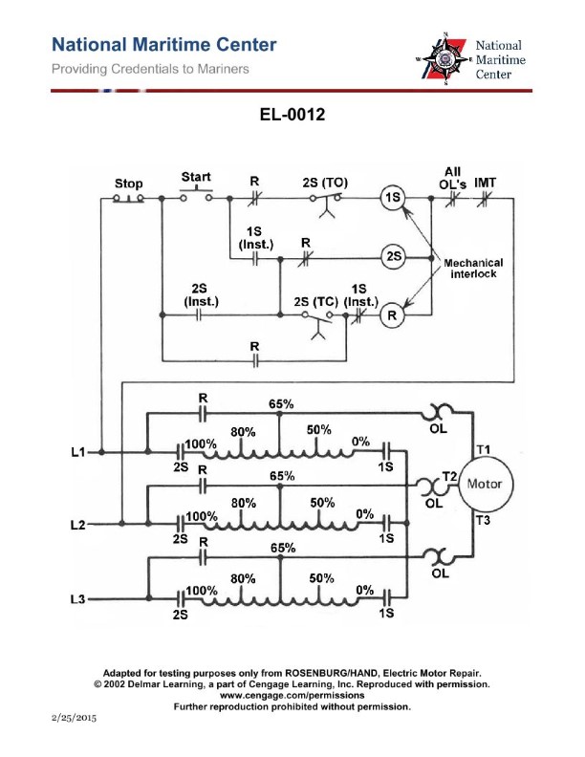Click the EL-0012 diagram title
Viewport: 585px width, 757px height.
292,116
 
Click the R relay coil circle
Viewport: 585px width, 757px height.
390,314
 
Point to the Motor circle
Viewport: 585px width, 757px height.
484,484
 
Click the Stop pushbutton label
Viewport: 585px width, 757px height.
128,184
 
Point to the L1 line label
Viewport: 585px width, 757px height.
79,451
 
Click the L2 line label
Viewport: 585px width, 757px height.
79,525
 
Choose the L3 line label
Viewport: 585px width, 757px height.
79,599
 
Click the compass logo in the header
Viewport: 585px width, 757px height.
444,59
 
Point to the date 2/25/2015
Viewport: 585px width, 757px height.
72,715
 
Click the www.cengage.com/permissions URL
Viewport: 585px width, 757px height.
292,696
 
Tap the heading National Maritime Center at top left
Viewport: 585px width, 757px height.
163,45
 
